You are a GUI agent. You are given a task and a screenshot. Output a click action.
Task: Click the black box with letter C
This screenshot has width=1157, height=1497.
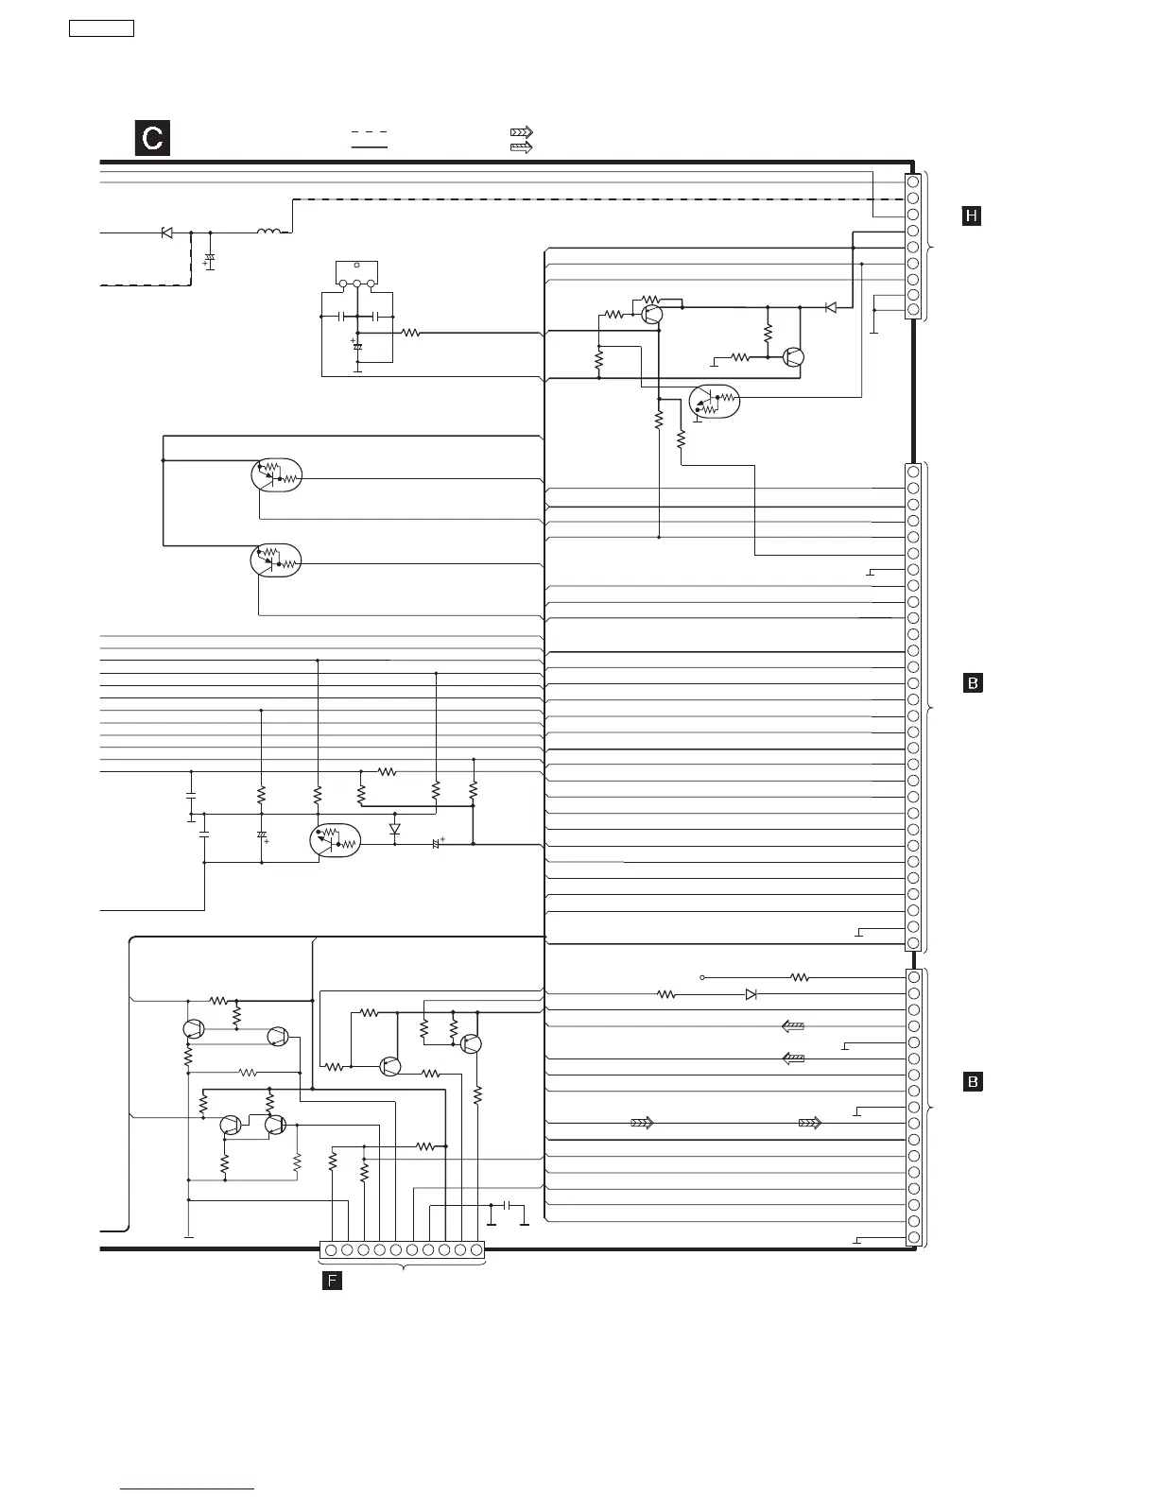[x=151, y=138]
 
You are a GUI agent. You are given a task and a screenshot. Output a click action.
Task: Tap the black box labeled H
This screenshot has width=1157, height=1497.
[x=972, y=216]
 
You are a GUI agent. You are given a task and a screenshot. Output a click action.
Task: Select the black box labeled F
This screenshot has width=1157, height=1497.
[x=332, y=1282]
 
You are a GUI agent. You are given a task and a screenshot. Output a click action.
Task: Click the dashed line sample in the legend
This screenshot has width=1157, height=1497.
[x=370, y=132]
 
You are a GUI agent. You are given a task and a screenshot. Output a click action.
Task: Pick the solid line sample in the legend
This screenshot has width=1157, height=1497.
[x=370, y=148]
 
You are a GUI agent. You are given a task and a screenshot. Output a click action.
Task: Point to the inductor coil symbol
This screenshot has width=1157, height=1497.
[x=268, y=231]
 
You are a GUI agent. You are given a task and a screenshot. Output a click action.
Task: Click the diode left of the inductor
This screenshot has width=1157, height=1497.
[x=167, y=232]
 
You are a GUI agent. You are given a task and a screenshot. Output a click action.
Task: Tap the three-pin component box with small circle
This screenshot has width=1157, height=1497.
[x=356, y=273]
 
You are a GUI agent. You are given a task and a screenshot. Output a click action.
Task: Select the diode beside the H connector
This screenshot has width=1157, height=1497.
[x=831, y=307]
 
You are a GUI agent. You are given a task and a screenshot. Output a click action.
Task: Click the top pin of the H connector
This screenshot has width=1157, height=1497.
[x=913, y=181]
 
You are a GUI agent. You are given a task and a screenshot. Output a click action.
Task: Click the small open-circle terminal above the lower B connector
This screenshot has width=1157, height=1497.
[x=701, y=977]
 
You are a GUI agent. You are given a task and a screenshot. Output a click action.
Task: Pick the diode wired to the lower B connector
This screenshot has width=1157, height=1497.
[x=751, y=994]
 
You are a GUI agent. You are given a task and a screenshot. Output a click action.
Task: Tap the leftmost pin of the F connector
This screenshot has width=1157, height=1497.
[x=331, y=1250]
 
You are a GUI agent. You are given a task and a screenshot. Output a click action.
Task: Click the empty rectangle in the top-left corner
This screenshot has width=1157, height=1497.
[x=101, y=27]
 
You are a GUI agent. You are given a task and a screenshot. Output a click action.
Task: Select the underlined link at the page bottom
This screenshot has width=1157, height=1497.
[x=188, y=1489]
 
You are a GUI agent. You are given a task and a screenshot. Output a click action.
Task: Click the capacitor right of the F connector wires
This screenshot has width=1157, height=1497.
[x=509, y=1206]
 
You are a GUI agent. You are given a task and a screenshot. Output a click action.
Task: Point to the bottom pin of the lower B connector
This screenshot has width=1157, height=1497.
[x=914, y=1238]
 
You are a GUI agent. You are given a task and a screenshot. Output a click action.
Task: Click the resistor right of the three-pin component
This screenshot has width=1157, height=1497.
[x=410, y=333]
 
